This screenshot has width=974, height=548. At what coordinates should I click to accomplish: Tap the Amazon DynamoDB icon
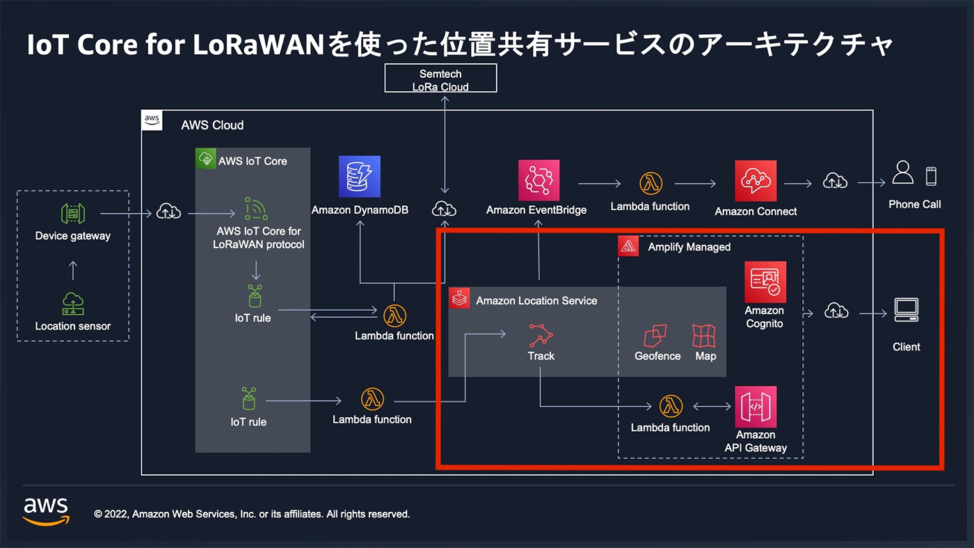click(x=360, y=177)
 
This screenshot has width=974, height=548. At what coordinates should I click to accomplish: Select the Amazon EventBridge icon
click(x=538, y=180)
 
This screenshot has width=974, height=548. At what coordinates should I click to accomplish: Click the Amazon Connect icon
click(x=756, y=181)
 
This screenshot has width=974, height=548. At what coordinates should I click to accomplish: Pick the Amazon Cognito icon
click(x=765, y=282)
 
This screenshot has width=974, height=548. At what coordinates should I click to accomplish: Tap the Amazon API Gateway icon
click(x=756, y=407)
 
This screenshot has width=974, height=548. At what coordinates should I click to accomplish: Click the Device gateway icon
click(x=73, y=213)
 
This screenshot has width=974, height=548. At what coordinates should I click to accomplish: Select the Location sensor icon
click(x=73, y=304)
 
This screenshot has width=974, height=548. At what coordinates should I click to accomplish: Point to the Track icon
click(x=541, y=335)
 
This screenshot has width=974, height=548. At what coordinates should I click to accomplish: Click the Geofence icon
click(x=655, y=335)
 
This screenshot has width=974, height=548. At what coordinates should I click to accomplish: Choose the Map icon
click(x=704, y=335)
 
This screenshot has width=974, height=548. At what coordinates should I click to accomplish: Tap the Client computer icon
click(x=907, y=310)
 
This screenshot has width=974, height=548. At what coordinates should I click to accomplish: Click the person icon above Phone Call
click(x=903, y=172)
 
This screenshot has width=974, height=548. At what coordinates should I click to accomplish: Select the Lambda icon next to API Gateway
click(x=671, y=406)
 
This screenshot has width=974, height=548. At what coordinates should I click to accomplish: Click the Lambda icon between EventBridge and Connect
click(x=651, y=184)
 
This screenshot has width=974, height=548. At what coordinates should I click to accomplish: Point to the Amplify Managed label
click(x=689, y=247)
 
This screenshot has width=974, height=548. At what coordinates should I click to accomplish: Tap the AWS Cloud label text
click(x=212, y=125)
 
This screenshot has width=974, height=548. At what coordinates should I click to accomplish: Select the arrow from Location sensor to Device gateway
click(x=73, y=271)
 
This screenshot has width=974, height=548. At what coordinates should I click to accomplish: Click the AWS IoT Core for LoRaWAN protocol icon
click(x=256, y=209)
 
